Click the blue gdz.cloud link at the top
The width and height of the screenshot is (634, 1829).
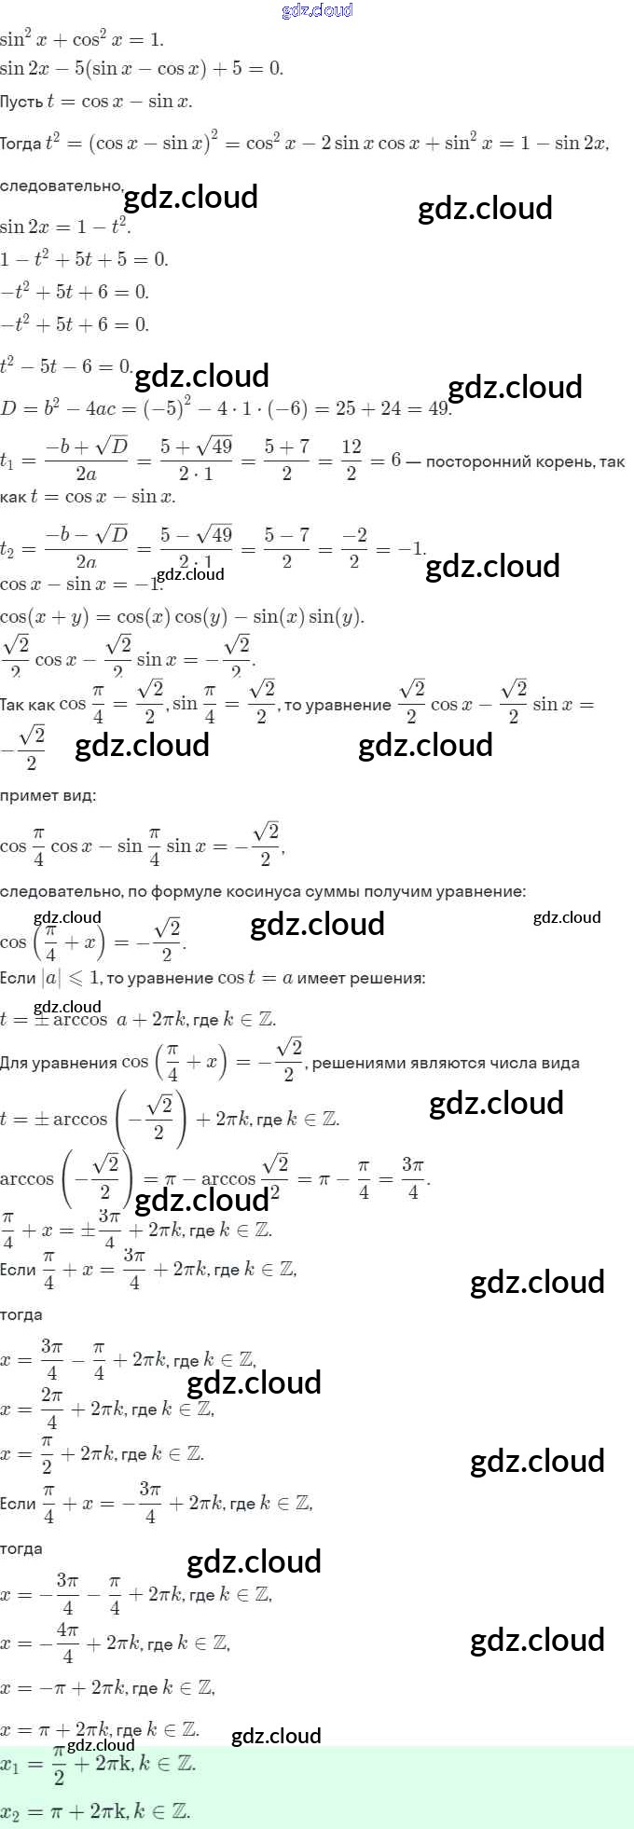click(x=317, y=10)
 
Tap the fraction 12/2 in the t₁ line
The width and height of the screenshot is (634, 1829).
click(x=351, y=460)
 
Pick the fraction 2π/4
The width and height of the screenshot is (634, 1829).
click(x=52, y=1409)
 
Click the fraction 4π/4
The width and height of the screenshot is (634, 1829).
click(x=67, y=1643)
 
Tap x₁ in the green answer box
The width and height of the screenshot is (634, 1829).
click(x=11, y=1765)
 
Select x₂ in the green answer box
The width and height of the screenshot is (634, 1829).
click(x=11, y=1813)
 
